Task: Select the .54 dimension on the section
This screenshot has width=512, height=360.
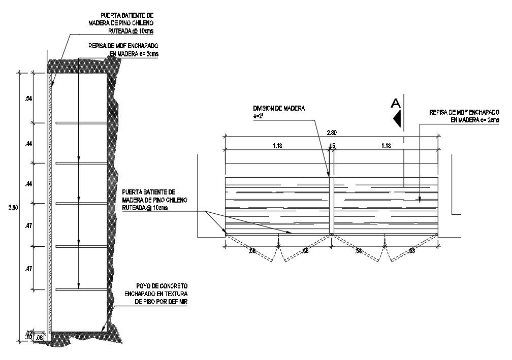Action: (x=28, y=99)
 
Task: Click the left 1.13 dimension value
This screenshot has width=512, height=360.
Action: (x=277, y=146)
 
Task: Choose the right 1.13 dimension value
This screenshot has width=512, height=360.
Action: (x=385, y=146)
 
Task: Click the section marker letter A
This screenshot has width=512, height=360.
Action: (x=396, y=103)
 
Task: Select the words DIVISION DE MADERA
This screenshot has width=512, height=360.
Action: (x=279, y=109)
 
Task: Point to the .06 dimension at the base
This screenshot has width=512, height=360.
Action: (x=40, y=336)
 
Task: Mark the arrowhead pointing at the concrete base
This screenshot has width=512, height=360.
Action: (x=103, y=329)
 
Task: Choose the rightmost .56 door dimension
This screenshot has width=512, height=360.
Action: (x=411, y=250)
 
